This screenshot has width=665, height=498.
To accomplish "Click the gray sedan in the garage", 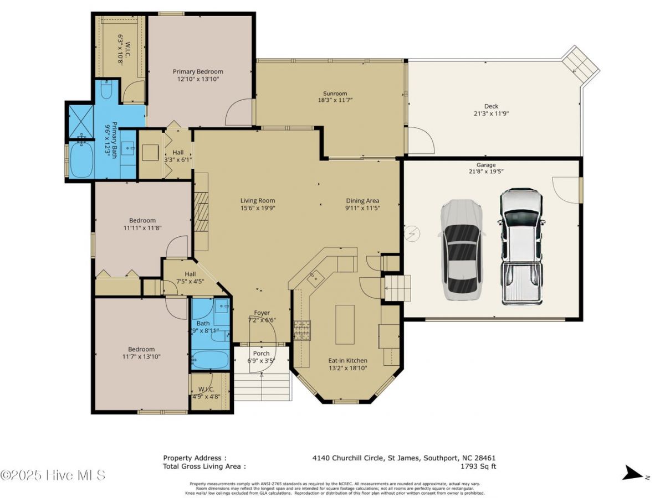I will [x=462, y=250].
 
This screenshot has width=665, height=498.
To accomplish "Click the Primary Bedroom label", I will [x=198, y=71].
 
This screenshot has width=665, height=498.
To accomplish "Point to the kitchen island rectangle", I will [x=345, y=320].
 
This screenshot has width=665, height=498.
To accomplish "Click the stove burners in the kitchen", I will [x=303, y=330].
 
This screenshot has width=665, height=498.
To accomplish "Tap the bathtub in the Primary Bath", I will [x=81, y=160].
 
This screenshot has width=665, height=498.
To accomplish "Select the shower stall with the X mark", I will [x=79, y=121].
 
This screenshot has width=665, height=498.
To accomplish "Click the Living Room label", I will [x=257, y=201].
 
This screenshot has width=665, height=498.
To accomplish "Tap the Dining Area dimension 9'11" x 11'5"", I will [x=362, y=209].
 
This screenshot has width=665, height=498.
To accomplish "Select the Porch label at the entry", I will [x=261, y=354].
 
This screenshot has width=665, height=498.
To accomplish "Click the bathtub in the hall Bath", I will [x=210, y=360].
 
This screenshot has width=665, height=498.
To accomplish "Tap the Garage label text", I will [x=486, y=165].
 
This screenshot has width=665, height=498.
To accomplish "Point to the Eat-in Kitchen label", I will [x=347, y=360].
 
